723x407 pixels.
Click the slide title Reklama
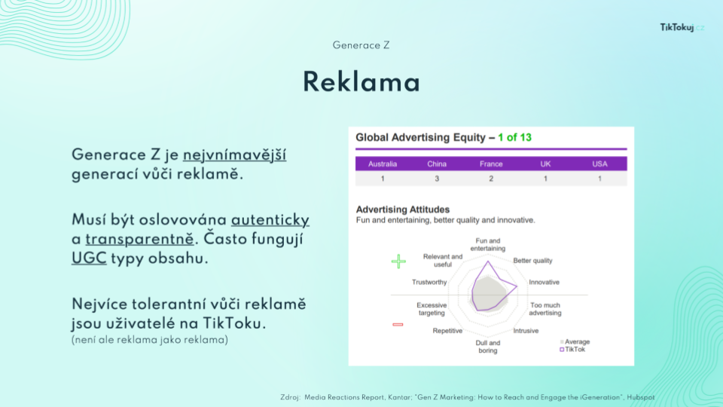point(361,83)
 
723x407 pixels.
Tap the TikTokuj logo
point(682,28)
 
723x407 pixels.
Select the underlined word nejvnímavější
point(234,155)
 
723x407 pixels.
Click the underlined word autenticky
point(270,220)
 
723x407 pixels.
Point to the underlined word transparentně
point(139,240)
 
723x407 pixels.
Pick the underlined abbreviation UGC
point(89,258)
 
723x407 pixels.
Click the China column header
point(437,164)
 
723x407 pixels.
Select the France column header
point(491,164)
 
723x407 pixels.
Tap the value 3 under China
point(437,179)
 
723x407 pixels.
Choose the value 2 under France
point(491,179)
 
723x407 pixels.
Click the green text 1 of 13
point(514,137)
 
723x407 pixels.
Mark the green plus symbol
point(398,262)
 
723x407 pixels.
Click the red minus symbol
point(398,324)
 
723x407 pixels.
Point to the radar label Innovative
point(544,282)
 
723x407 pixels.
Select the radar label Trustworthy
point(429,282)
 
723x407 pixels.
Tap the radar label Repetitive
point(447,331)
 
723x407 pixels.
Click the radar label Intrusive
point(526,331)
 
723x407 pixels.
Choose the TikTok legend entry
point(572,349)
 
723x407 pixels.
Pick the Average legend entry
point(575,342)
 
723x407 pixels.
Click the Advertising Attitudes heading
point(402,210)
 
